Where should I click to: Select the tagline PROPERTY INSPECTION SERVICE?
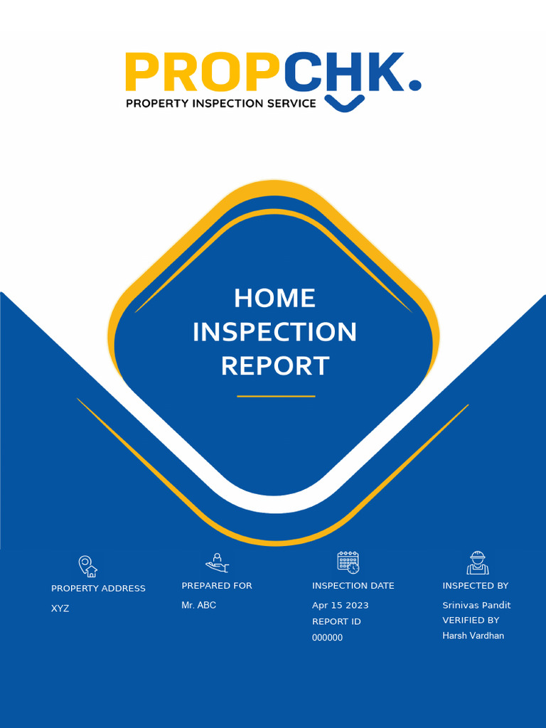[x=220, y=103]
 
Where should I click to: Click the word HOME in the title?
[x=274, y=298]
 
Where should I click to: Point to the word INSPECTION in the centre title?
[x=274, y=332]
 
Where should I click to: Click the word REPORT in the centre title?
[x=274, y=366]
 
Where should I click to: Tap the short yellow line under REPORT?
[x=276, y=396]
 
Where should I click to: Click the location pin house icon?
[x=87, y=566]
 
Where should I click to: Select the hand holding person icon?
[x=217, y=563]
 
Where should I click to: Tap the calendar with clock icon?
[x=348, y=562]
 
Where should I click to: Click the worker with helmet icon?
[x=478, y=563]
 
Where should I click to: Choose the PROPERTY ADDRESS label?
[x=98, y=589]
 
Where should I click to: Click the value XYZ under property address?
[x=60, y=609]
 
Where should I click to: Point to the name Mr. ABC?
[x=198, y=605]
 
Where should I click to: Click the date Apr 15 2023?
[x=341, y=606]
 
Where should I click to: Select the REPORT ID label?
[x=336, y=621]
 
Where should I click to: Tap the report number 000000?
[x=327, y=638]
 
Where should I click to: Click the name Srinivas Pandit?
[x=476, y=606]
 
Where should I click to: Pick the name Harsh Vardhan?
[x=473, y=636]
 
